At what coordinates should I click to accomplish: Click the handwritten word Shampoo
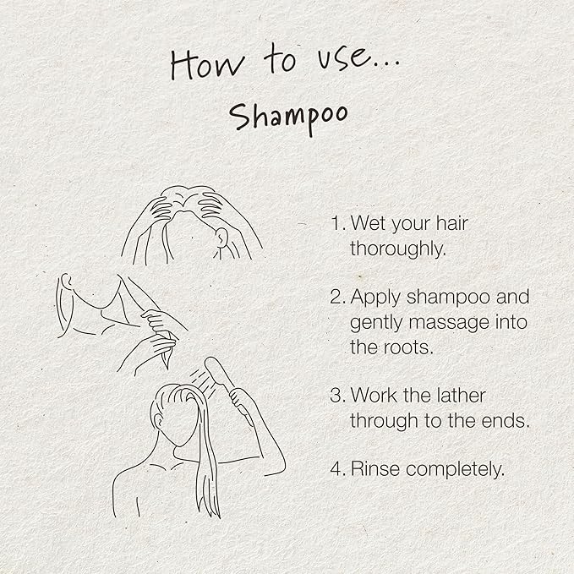coord(288,118)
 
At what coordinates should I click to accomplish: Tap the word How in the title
coord(207,65)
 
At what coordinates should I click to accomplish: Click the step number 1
coord(336,223)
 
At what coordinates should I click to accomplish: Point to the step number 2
coord(337,297)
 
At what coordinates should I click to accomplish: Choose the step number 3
coord(337,396)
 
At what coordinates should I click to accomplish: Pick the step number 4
coord(337,469)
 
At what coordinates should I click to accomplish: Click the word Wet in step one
coord(369,223)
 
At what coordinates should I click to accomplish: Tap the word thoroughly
coord(398,249)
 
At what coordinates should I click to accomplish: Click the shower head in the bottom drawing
coord(216,369)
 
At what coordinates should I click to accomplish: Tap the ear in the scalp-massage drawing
coord(221,237)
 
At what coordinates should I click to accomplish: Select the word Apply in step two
coord(375,298)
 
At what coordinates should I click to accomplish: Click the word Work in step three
coord(372,396)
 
